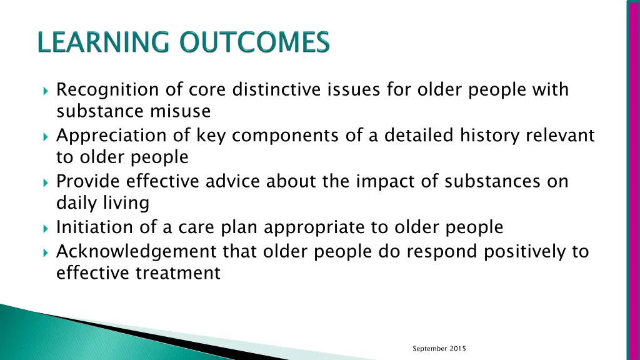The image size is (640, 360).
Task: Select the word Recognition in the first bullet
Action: pos(108,90)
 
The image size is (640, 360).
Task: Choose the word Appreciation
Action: pos(111,136)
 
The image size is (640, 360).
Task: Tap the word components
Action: pos(256,136)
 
